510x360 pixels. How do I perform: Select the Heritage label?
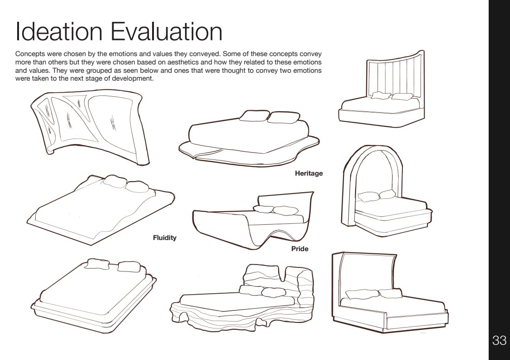tap(309, 174)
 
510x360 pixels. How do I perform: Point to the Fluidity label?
tap(165, 238)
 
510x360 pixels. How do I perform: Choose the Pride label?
tap(300, 249)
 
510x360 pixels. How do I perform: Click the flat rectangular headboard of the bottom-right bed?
tap(366, 273)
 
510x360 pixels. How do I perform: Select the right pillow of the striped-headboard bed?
tap(402, 97)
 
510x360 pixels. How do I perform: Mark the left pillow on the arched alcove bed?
tap(366, 196)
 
